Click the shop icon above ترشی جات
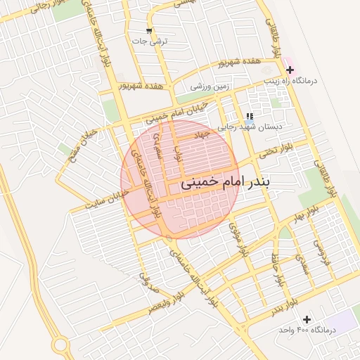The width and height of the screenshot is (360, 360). (x=148, y=30)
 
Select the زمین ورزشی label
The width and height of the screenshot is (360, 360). (x=210, y=86)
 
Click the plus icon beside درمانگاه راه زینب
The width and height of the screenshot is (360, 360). (x=290, y=70)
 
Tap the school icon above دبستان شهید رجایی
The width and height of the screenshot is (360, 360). (x=249, y=117)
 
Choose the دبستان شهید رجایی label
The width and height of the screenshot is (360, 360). (x=249, y=127)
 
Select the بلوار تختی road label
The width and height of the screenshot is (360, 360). (x=275, y=150)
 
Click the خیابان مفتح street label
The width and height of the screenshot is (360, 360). (x=65, y=152)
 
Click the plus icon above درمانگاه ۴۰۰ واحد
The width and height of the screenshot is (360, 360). (x=307, y=319)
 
